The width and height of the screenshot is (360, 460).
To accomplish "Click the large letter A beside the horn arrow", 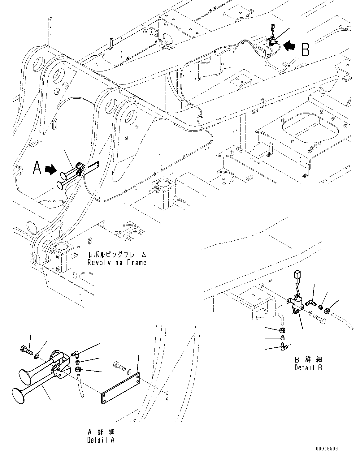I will pyautogui.click(x=37, y=169).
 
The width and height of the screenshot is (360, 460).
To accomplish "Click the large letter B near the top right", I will pyautogui.click(x=305, y=49).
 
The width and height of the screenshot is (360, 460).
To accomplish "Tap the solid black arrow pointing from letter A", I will pyautogui.click(x=51, y=169).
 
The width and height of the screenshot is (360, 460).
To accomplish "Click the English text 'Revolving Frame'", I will pyautogui.click(x=117, y=263).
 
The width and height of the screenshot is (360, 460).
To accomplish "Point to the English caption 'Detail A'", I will pyautogui.click(x=101, y=440).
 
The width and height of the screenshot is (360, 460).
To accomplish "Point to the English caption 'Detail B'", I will pyautogui.click(x=308, y=368).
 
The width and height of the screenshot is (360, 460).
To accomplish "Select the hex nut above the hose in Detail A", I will pyautogui.click(x=78, y=369).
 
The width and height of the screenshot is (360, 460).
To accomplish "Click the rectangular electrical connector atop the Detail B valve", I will pyautogui.click(x=297, y=276).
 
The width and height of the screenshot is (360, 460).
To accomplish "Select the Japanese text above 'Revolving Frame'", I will pyautogui.click(x=117, y=255).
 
